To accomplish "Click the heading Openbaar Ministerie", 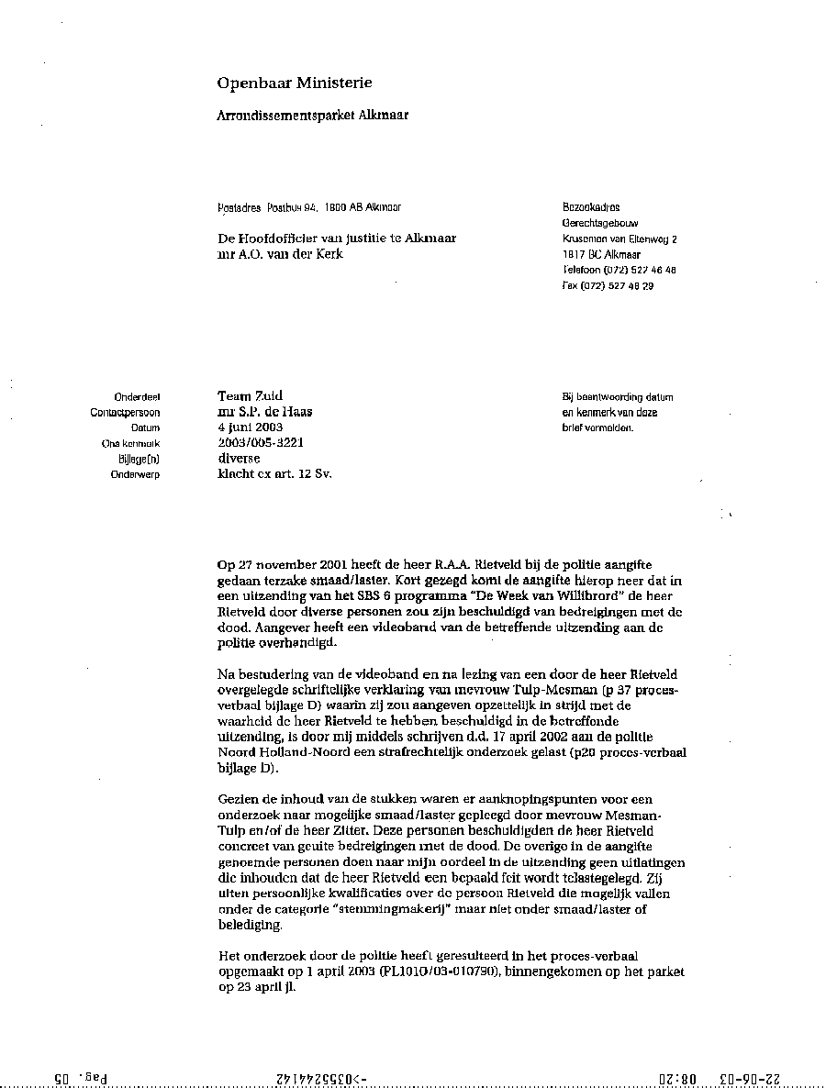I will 294,83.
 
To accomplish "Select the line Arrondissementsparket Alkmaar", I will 312,116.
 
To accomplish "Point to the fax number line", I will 608,286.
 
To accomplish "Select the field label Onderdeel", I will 138,397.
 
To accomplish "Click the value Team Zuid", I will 250,396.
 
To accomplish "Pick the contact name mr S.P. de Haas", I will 264,412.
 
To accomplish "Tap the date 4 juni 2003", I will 250,427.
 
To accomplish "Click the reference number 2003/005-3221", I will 261,443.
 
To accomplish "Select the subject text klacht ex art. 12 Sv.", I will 274,474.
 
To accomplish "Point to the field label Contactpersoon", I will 125,413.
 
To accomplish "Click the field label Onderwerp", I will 135,475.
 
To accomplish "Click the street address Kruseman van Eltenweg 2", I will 619,239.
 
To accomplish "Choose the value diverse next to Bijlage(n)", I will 239,459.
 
